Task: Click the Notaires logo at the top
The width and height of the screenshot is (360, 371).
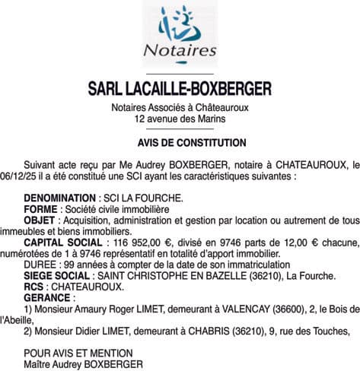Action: (x=180, y=33)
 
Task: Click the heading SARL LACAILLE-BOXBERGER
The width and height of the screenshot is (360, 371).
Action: (x=180, y=90)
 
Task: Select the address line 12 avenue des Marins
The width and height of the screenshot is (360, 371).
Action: (x=180, y=119)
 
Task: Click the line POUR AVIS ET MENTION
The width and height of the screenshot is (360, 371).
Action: (x=78, y=353)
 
